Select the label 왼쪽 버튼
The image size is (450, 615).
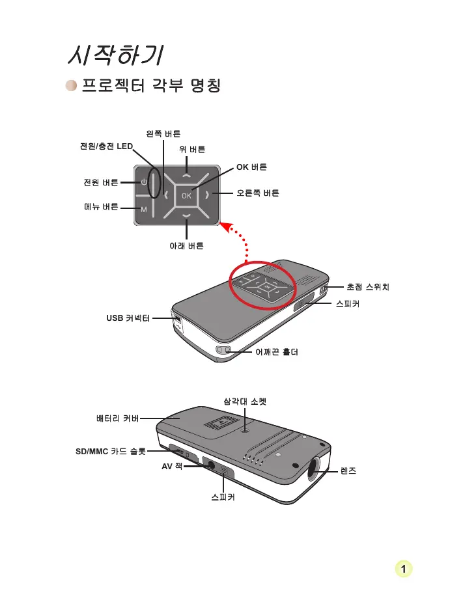coord(163,133)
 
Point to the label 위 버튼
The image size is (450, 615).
coord(192,149)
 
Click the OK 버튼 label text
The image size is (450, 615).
coord(251,167)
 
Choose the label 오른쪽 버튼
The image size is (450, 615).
coord(258,193)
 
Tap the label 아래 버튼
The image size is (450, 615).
coord(186,246)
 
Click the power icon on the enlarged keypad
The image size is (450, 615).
coord(144,182)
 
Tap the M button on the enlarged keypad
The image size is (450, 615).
coord(144,210)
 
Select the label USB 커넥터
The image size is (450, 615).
coord(128,318)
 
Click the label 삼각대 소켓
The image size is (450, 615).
coord(245,402)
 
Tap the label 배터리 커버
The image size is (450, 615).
coord(113,419)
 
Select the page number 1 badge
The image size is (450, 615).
coord(404,569)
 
